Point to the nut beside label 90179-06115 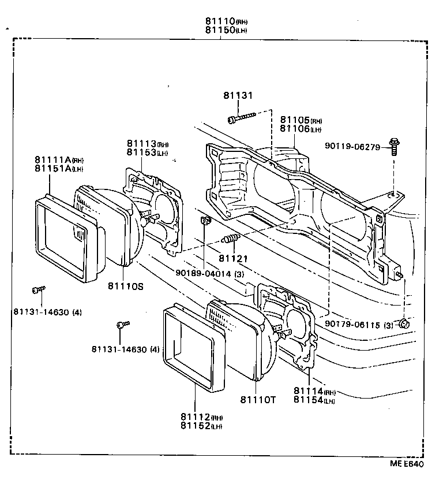[x=404, y=323]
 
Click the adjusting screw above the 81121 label [x=230, y=239]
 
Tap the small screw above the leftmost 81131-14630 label [x=39, y=289]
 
